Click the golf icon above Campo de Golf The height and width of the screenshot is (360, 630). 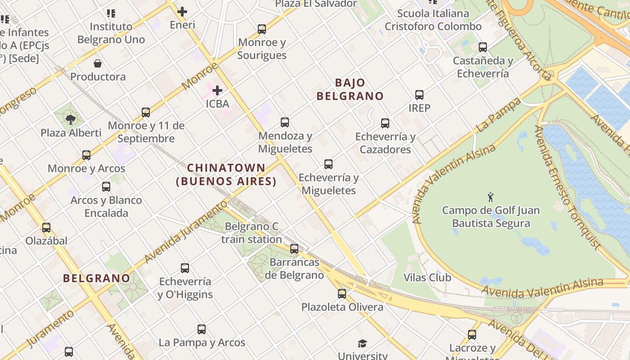pyautogui.click(x=490, y=197)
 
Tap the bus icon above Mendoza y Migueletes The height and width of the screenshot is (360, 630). pyautogui.click(x=285, y=122)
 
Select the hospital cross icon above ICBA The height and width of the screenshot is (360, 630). pyautogui.click(x=217, y=90)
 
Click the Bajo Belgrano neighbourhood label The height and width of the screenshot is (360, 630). pyautogui.click(x=350, y=89)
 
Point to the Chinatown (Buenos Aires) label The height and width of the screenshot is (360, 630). pyautogui.click(x=226, y=175)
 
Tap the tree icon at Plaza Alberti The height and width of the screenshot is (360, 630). pyautogui.click(x=70, y=119)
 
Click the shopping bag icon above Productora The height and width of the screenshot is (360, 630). pyautogui.click(x=98, y=63)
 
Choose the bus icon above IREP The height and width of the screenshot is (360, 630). pyautogui.click(x=419, y=95)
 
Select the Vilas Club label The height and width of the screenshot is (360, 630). pyautogui.click(x=427, y=277)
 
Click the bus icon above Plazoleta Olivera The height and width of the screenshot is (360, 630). pyautogui.click(x=342, y=294)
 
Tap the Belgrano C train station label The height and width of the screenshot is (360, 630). pyautogui.click(x=252, y=233)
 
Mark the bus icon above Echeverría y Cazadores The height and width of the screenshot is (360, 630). pyautogui.click(x=385, y=123)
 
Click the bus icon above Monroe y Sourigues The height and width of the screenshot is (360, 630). pyautogui.click(x=262, y=29)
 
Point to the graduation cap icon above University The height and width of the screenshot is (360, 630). pyautogui.click(x=363, y=344)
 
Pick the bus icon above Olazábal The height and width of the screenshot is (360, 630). pyautogui.click(x=46, y=227)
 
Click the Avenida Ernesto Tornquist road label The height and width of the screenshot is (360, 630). pyautogui.click(x=568, y=187)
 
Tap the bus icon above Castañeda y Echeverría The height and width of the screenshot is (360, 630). pyautogui.click(x=483, y=47)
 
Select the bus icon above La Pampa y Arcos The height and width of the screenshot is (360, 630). pyautogui.click(x=202, y=329)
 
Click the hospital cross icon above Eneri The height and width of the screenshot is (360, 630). pyautogui.click(x=182, y=11)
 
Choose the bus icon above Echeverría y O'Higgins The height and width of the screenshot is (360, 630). pyautogui.click(x=185, y=268)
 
